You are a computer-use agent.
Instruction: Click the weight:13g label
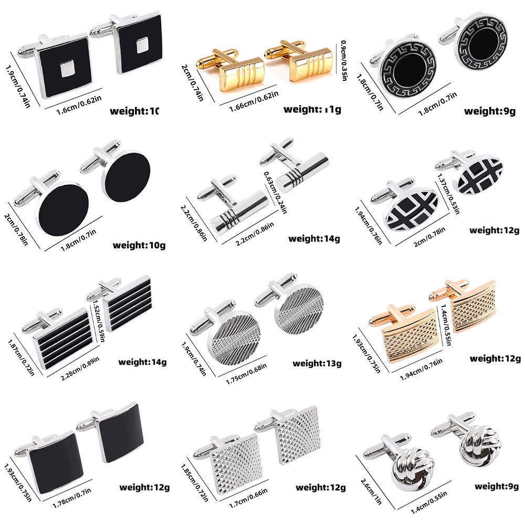click(x=317, y=363)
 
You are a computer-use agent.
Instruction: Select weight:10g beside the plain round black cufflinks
click(x=139, y=245)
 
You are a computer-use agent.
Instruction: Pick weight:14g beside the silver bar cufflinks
click(x=314, y=239)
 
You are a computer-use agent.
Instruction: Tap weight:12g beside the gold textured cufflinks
click(x=495, y=359)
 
